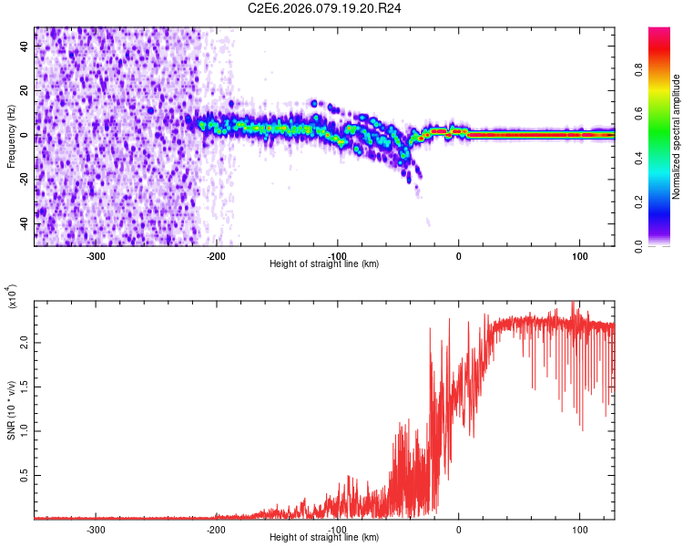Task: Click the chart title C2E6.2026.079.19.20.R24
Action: [x=325, y=8]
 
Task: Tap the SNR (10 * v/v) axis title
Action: [x=11, y=409]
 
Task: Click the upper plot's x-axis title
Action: [x=324, y=263]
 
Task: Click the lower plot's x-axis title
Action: [x=324, y=538]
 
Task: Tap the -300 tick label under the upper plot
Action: [x=96, y=255]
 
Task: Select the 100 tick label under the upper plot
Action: [x=579, y=255]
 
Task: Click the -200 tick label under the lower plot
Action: [x=216, y=529]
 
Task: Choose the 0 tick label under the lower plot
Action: [x=458, y=529]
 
